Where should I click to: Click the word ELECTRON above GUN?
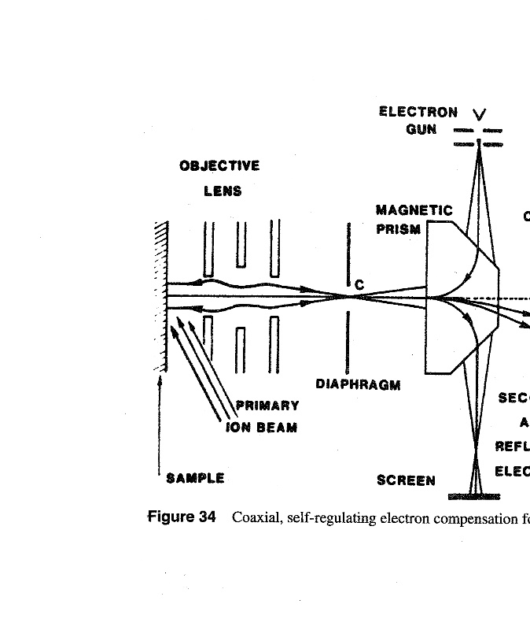click(418, 112)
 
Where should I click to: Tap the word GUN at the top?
click(421, 129)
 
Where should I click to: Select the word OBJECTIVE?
click(219, 165)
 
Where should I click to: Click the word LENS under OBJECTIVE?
click(223, 191)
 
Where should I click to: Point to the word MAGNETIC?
click(414, 211)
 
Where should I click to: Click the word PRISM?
click(398, 229)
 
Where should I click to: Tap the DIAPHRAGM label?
click(358, 384)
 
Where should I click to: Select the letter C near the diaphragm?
click(359, 286)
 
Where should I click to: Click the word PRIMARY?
click(268, 406)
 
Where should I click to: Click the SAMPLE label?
click(195, 478)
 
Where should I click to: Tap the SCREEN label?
click(406, 480)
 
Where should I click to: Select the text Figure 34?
click(182, 517)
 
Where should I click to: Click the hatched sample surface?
click(161, 295)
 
